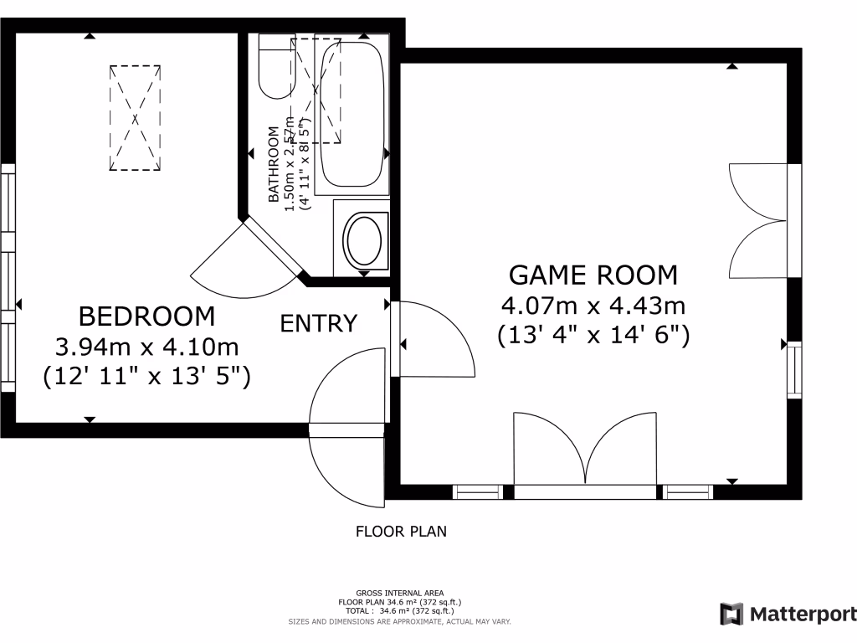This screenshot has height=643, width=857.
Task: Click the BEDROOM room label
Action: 146,316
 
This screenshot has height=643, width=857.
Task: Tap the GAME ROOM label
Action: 593,275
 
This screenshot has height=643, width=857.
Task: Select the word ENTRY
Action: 319,323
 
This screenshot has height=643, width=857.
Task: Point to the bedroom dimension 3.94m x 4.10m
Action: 146,346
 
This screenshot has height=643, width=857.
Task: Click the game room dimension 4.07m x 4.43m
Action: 593,305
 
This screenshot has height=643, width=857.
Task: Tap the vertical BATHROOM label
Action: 274,165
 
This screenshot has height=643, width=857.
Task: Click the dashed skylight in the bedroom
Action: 135,118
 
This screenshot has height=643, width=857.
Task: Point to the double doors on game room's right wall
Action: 757,221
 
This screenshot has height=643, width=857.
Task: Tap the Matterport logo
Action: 787,614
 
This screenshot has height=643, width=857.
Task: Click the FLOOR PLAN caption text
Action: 401,531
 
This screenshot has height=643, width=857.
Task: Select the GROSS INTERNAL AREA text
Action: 399,593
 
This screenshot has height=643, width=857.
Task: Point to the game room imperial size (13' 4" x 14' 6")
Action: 593,335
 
